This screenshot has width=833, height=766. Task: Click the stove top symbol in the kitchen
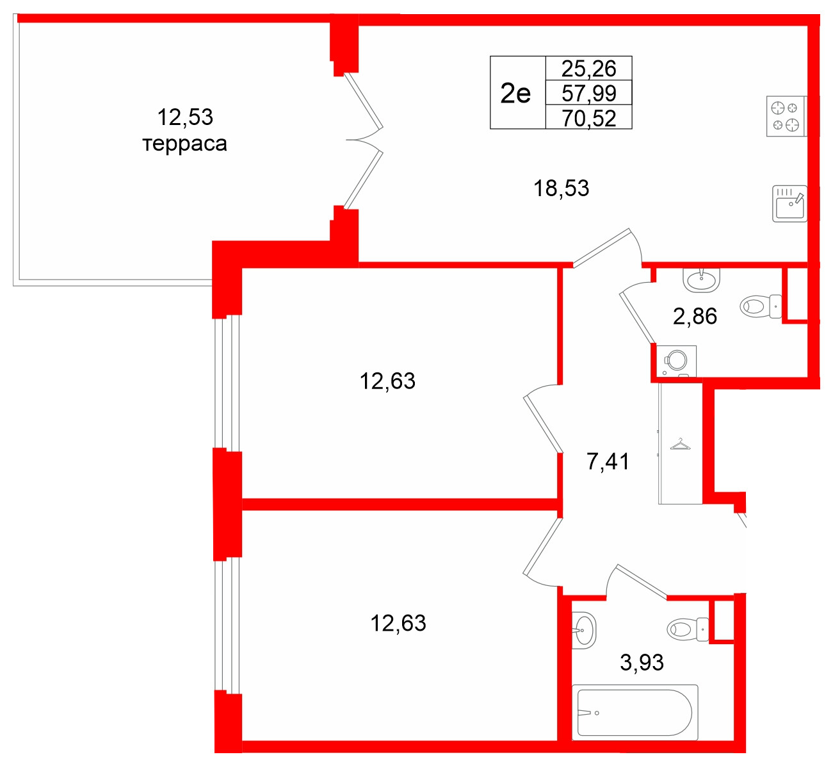point(786,116)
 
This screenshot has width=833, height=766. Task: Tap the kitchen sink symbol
point(789,204)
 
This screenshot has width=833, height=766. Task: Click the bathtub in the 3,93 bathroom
point(635,712)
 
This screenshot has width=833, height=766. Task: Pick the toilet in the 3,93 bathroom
point(687,629)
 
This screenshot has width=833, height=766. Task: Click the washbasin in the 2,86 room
point(702,278)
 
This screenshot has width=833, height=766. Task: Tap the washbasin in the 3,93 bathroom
point(584,630)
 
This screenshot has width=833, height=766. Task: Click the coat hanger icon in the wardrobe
point(680,444)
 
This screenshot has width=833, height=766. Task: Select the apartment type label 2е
point(516,94)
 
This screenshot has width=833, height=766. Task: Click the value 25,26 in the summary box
point(588,68)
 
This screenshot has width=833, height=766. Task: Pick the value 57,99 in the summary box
point(588,94)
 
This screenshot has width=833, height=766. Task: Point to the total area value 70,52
point(588,119)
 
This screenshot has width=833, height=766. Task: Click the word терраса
point(184,144)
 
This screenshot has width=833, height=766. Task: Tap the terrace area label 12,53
point(185,117)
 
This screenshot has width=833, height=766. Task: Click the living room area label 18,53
point(562,188)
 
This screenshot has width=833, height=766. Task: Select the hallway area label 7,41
point(608,461)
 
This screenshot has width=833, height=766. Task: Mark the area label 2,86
point(695,316)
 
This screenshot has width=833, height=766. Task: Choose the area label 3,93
point(642,662)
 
